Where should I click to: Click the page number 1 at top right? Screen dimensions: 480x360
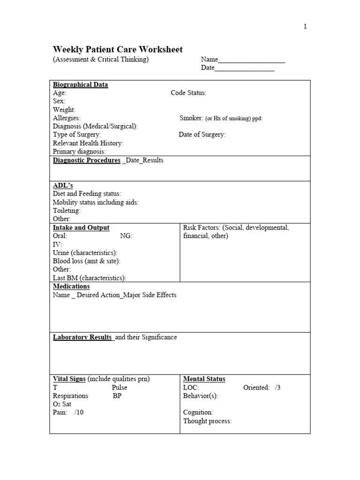(305, 27)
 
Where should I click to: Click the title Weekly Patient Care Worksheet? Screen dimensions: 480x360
(118, 50)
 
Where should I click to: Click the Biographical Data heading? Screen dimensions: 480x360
(80, 85)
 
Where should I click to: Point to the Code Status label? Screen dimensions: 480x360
(188, 93)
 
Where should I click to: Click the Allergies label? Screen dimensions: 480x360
(67, 118)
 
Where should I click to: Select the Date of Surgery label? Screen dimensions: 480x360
(202, 135)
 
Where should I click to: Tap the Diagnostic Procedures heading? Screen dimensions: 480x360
(87, 160)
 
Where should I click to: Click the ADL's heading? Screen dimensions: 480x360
(63, 186)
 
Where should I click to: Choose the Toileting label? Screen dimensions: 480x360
(67, 210)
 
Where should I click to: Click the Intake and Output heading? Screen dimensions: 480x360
(81, 228)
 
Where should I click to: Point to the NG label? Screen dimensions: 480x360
(126, 236)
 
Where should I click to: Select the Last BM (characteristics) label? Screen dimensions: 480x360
(90, 278)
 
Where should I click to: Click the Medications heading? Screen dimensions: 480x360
(71, 286)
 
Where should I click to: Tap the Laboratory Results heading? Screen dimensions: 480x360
(82, 337)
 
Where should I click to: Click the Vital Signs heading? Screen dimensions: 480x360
(69, 379)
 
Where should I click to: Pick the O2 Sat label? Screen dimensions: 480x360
(62, 404)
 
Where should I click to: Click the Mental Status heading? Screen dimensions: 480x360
(204, 379)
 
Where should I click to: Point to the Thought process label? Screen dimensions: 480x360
(207, 421)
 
